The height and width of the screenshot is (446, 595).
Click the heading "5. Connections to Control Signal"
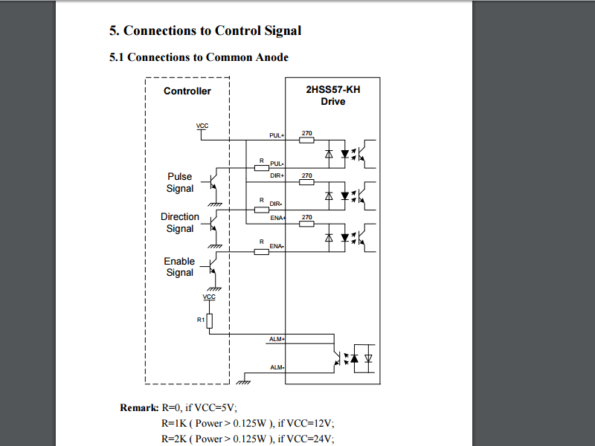click(205, 30)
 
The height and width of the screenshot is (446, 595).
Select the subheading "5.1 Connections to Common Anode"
click(199, 57)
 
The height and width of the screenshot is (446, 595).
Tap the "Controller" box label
click(187, 91)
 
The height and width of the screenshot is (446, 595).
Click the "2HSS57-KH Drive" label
click(332, 95)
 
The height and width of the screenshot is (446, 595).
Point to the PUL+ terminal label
click(277, 136)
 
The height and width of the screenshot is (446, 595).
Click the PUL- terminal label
click(277, 163)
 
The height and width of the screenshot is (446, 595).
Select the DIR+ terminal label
click(277, 176)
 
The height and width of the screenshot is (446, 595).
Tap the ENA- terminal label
click(277, 246)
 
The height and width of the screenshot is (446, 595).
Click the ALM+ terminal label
click(277, 339)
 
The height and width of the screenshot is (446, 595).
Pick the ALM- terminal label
click(277, 367)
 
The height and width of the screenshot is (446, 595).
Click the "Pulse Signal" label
click(180, 183)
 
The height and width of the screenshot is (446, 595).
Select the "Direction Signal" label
click(180, 223)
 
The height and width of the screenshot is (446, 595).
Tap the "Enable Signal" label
click(180, 267)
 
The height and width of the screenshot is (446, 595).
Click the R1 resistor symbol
click(210, 320)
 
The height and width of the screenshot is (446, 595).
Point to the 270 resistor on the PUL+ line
click(306, 140)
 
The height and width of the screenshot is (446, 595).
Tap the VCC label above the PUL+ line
click(202, 126)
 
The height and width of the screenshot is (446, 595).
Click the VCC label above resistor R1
click(210, 297)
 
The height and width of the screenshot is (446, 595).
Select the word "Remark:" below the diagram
click(139, 408)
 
